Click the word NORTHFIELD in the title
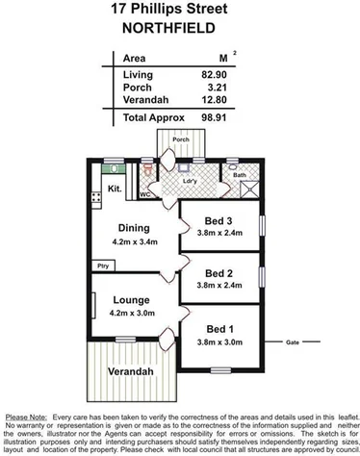pos(180,29)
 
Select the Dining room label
pos(134,228)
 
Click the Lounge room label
pos(132,299)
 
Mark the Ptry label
pos(101,265)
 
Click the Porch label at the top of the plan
pos(179,139)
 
